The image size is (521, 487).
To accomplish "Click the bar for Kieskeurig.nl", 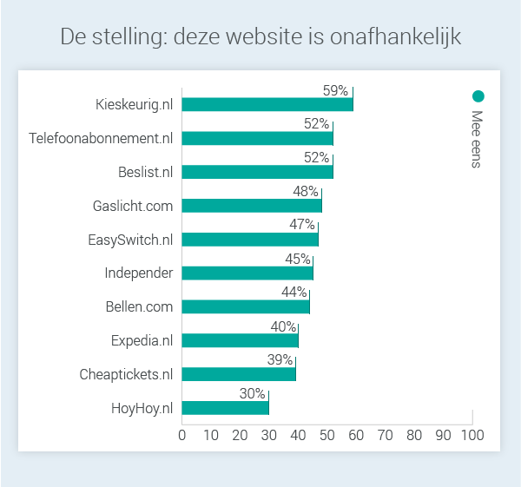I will point(267,104).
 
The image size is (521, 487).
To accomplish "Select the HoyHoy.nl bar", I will point(225,408).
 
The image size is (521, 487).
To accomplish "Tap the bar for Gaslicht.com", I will point(252,206).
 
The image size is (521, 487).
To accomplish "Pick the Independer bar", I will point(247,273).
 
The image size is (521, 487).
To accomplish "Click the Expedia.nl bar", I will point(240,340).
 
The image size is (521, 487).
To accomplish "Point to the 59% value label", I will point(335,90).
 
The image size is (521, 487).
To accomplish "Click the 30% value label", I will point(252,394).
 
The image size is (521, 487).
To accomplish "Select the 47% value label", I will point(302,225).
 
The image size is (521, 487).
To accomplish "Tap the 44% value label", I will point(293,293).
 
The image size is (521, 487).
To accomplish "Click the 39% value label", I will point(280,360).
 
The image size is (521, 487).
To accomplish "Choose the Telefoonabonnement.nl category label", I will point(101,138).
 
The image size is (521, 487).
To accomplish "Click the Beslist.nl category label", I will point(145,172).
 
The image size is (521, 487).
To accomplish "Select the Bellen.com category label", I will point(139,306).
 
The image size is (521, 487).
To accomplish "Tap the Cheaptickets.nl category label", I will point(126,374).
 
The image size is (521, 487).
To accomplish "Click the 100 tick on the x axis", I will point(472,434).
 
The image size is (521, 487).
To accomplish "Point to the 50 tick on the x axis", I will point(326,434).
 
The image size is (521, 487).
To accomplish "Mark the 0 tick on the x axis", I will point(182,434).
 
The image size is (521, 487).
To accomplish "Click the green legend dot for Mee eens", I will point(478,96).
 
